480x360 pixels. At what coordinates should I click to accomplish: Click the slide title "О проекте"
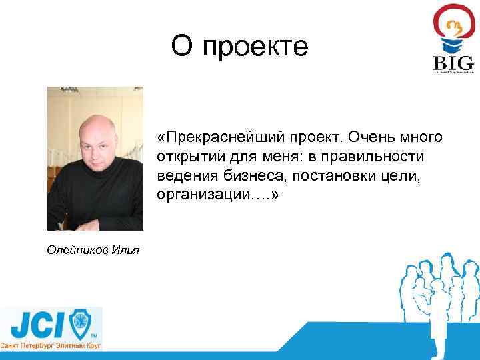[239, 47]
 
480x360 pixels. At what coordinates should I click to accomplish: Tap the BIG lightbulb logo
[453, 40]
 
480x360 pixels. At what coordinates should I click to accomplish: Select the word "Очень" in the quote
[370, 137]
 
